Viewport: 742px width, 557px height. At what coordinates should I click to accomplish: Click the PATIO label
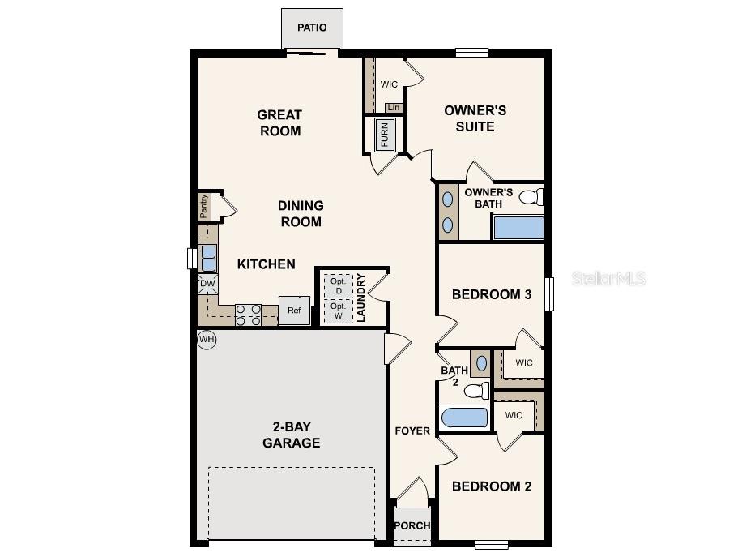[x=312, y=28]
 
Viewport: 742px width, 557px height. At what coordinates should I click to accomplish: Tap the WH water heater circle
[x=207, y=340]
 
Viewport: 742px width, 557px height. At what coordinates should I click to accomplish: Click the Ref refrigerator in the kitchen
[x=294, y=311]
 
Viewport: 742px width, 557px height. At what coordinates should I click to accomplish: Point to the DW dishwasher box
[x=207, y=284]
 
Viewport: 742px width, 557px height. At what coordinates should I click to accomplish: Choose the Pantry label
[x=204, y=206]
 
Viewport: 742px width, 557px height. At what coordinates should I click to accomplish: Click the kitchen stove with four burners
[x=248, y=315]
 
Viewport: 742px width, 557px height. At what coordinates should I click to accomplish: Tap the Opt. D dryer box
[x=338, y=286]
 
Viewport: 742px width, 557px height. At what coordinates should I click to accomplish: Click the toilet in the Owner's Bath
[x=530, y=196]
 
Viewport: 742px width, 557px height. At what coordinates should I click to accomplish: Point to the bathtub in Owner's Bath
[x=518, y=227]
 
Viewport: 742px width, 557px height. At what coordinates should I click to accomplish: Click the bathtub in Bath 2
[x=466, y=418]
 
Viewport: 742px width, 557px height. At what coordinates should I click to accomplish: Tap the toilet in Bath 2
[x=477, y=392]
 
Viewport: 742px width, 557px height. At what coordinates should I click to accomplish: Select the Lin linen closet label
[x=394, y=108]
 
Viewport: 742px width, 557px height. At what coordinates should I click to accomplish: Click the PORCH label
[x=412, y=525]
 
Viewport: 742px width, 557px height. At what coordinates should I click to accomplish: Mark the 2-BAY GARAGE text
[x=291, y=435]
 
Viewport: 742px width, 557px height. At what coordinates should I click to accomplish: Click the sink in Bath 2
[x=481, y=363]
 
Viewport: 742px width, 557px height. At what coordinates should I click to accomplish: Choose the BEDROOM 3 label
[x=491, y=294]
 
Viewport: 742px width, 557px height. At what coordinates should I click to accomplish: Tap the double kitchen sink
[x=208, y=258]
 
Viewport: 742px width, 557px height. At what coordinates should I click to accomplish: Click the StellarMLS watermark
[x=609, y=279]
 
